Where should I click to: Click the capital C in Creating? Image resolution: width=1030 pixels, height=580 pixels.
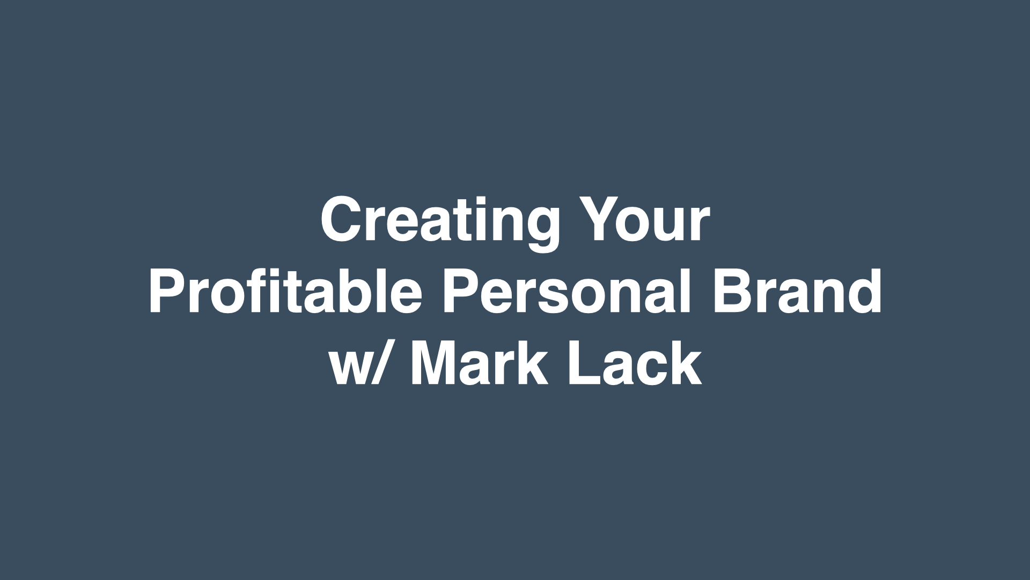tap(342, 219)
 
